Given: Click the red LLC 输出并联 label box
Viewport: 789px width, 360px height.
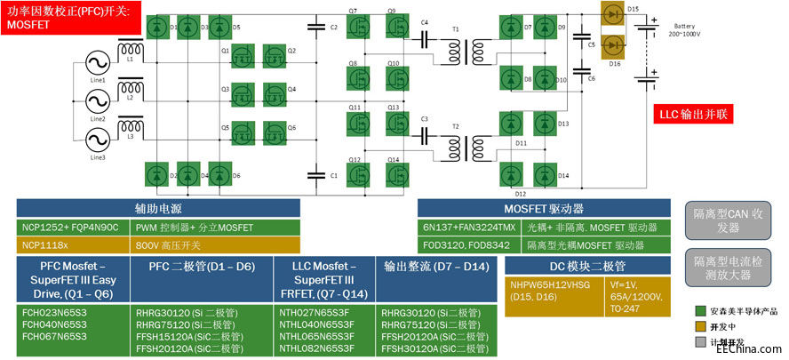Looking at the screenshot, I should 692,115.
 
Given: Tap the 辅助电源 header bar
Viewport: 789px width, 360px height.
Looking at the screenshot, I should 159,207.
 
